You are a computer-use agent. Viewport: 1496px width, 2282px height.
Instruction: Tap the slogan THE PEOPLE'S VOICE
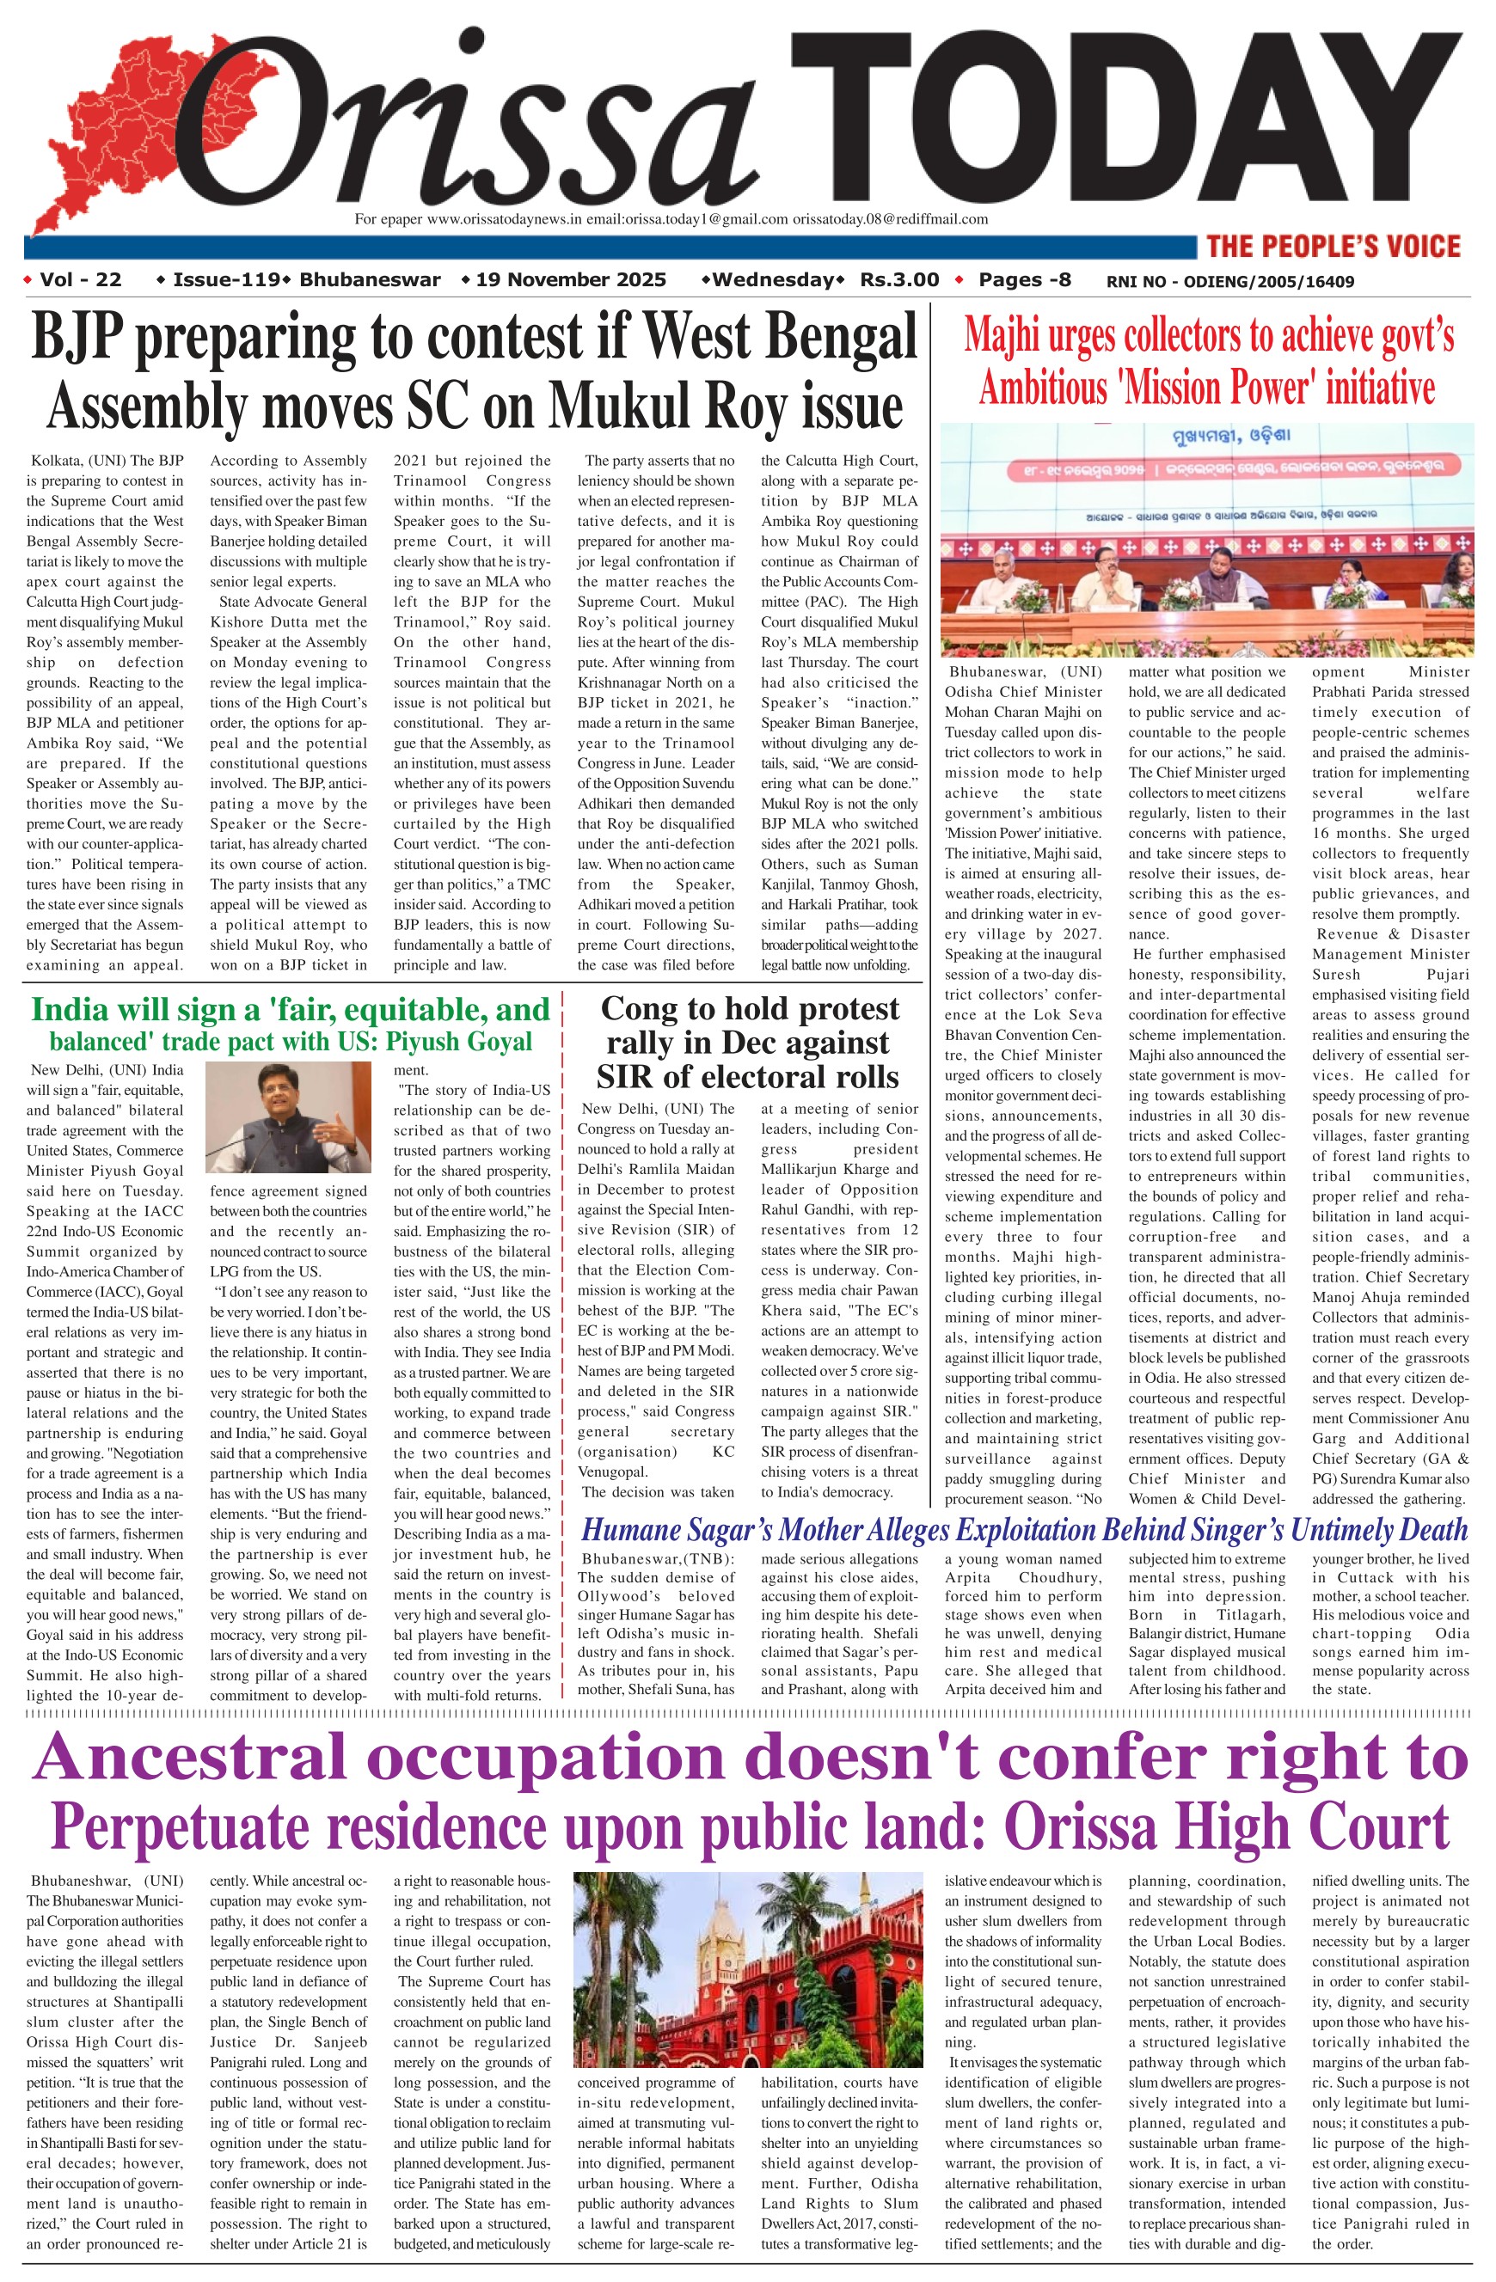(1333, 247)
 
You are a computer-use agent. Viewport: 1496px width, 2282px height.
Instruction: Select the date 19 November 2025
(571, 280)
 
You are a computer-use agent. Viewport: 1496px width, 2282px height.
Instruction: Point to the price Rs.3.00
(898, 280)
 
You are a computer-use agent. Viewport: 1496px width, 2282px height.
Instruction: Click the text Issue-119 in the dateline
(226, 280)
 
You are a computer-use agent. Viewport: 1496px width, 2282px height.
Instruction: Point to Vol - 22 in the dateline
(81, 280)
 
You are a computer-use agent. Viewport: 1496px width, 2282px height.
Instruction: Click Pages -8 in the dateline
(1024, 280)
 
